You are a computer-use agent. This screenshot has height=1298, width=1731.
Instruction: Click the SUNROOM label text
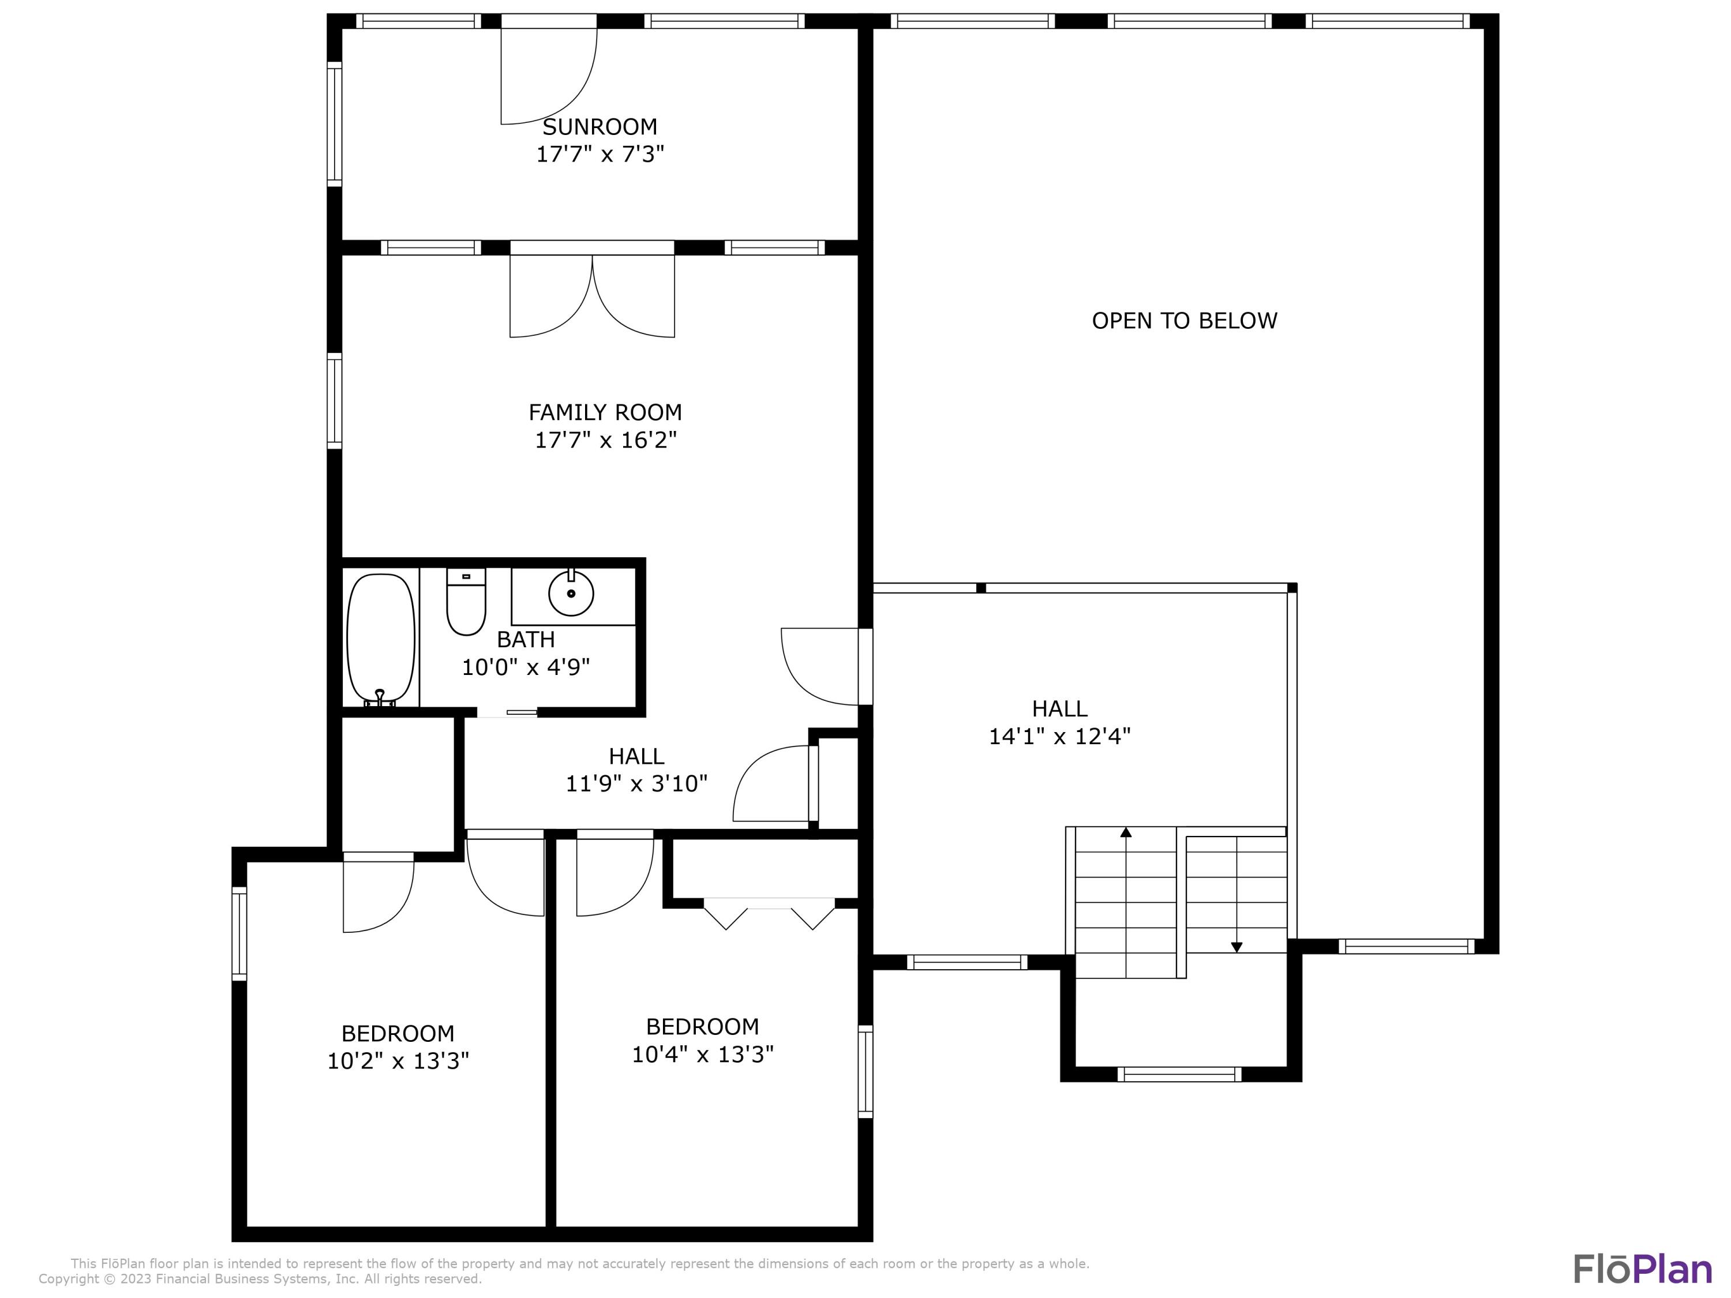coord(600,127)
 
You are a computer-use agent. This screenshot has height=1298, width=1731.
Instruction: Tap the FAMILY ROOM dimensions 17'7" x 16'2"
coord(605,440)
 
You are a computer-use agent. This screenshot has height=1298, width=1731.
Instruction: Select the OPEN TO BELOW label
coord(1184,321)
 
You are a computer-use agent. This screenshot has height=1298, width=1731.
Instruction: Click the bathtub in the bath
coord(380,637)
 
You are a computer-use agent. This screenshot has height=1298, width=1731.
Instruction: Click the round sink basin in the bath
coord(571,594)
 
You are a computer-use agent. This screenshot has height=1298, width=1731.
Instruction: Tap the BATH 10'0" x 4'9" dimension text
coord(525,667)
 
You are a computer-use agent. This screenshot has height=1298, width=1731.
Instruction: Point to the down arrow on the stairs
coord(1237,946)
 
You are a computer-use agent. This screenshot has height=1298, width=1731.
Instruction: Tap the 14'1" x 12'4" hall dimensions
coord(1059,736)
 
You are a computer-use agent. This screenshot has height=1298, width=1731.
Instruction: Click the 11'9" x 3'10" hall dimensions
coord(636,783)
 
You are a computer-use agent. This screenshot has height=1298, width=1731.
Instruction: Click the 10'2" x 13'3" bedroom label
coord(398,1061)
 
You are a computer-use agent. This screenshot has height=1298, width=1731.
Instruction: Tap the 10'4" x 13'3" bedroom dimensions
coord(702,1055)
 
